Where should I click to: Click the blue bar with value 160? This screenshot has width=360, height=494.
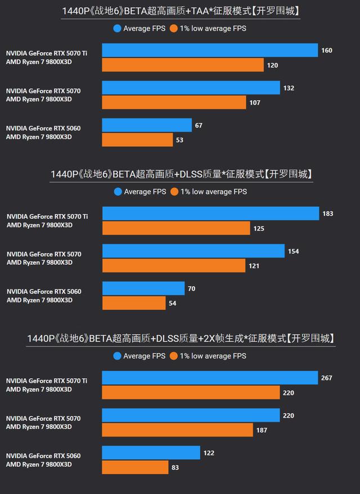click(210, 51)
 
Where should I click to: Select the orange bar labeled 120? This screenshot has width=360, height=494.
click(183, 65)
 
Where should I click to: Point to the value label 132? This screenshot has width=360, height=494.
click(289, 88)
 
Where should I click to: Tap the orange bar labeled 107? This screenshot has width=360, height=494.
click(174, 102)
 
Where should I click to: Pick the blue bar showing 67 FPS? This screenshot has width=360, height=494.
click(147, 125)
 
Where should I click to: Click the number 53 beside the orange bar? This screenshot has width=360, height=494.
click(179, 140)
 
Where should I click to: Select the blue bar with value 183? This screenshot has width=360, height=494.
click(210, 214)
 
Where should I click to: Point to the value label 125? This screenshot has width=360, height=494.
click(259, 229)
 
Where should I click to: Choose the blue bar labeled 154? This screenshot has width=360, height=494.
click(193, 251)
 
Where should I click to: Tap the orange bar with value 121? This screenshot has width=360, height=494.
click(174, 265)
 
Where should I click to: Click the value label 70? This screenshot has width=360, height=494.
click(191, 289)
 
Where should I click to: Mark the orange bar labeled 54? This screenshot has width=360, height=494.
click(134, 303)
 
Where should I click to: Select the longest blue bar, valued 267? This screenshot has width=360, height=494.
click(210, 378)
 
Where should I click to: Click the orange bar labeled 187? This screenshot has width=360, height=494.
click(177, 430)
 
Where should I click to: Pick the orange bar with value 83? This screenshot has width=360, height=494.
click(135, 468)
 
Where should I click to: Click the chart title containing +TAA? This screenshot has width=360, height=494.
click(180, 11)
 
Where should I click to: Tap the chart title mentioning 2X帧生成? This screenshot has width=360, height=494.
click(181, 338)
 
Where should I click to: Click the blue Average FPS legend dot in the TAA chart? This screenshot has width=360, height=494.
click(117, 28)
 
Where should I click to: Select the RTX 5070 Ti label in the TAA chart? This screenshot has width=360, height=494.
click(47, 53)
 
